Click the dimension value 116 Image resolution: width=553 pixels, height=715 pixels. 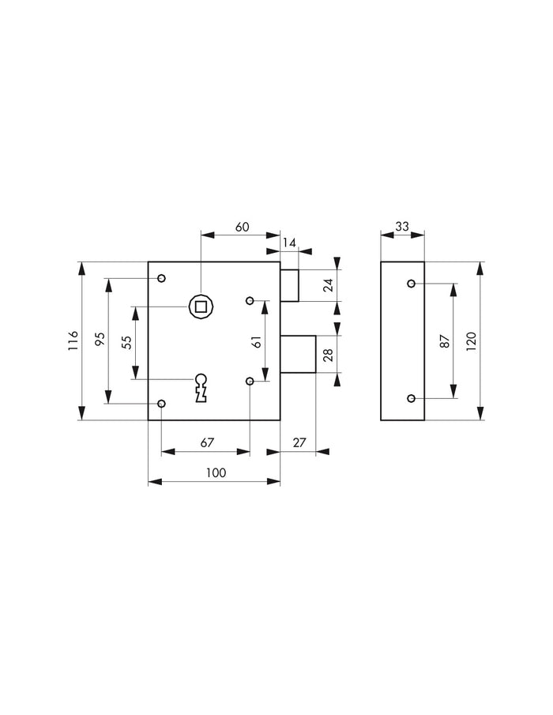pyautogui.click(x=72, y=341)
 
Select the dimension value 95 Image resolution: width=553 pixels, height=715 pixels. pyautogui.click(x=100, y=341)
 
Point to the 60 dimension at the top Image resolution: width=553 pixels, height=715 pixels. pyautogui.click(x=242, y=227)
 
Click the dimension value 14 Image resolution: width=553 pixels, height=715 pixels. pyautogui.click(x=289, y=243)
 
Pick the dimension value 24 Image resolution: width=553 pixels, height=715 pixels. pyautogui.click(x=328, y=285)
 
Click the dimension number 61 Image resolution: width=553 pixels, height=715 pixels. pyautogui.click(x=255, y=341)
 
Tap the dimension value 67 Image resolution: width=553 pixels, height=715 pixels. pyautogui.click(x=206, y=443)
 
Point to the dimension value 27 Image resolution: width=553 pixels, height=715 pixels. pyautogui.click(x=299, y=443)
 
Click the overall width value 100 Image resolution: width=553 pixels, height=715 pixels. pyautogui.click(x=215, y=472)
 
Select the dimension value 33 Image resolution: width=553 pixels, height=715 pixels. pyautogui.click(x=402, y=227)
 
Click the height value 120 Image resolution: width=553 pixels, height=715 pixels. pyautogui.click(x=471, y=341)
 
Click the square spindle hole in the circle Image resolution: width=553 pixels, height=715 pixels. pyautogui.click(x=201, y=305)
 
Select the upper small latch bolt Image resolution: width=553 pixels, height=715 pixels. pyautogui.click(x=289, y=285)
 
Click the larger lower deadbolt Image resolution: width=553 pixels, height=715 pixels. pyautogui.click(x=298, y=353)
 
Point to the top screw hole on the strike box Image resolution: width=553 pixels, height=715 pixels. pyautogui.click(x=411, y=283)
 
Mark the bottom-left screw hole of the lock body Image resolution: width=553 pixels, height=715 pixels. pyautogui.click(x=161, y=404)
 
